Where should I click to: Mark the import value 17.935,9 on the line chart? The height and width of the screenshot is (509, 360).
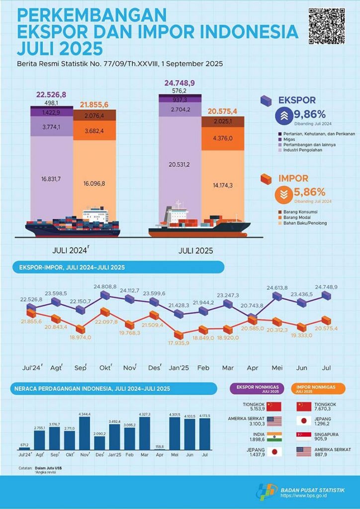pyautogui.click(x=178, y=343)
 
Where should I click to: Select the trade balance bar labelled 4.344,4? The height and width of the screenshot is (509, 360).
pyautogui.click(x=85, y=432)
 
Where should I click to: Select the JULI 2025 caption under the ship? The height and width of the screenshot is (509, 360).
pyautogui.click(x=195, y=251)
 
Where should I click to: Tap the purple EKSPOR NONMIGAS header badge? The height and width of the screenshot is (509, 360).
pyautogui.click(x=256, y=387)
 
